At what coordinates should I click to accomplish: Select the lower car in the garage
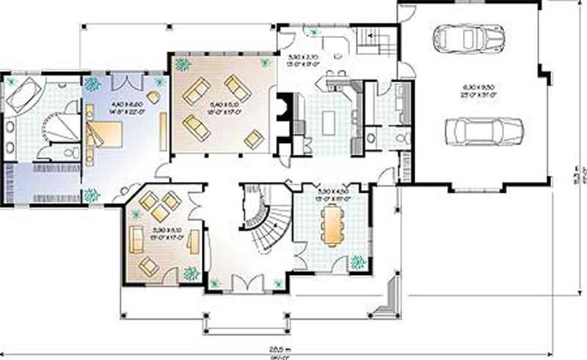coord(484,131)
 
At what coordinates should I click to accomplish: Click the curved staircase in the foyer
coord(264,220)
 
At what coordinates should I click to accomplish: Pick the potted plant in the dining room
coord(357,261)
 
